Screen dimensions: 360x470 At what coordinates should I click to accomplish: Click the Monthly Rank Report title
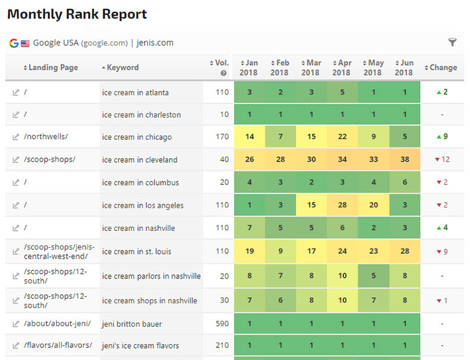[x=77, y=14]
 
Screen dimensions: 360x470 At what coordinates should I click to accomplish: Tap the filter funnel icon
[x=453, y=42]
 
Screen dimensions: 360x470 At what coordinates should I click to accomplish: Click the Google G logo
[x=14, y=43]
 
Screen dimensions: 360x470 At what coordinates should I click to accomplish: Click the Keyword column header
[x=122, y=68]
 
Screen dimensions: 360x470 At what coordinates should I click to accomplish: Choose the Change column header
[x=443, y=68]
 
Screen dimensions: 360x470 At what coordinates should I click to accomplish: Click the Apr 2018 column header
[x=341, y=68]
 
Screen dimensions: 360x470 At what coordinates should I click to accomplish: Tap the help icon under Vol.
[x=224, y=73]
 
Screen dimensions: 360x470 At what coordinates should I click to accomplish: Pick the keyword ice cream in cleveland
[x=140, y=160]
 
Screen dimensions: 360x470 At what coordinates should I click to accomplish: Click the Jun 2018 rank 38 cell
[x=404, y=160]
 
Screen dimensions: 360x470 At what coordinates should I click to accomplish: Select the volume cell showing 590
[x=222, y=324]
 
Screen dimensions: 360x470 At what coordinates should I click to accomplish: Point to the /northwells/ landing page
[x=46, y=137]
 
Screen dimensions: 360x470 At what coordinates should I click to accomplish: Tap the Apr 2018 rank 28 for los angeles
[x=342, y=205]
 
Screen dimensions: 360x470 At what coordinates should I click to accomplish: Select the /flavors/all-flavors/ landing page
[x=58, y=346]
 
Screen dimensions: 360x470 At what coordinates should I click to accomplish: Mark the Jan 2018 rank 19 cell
[x=249, y=251]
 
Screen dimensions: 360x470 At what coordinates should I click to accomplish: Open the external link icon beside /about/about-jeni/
[x=16, y=324]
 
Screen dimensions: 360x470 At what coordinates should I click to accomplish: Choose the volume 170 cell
[x=222, y=137]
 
